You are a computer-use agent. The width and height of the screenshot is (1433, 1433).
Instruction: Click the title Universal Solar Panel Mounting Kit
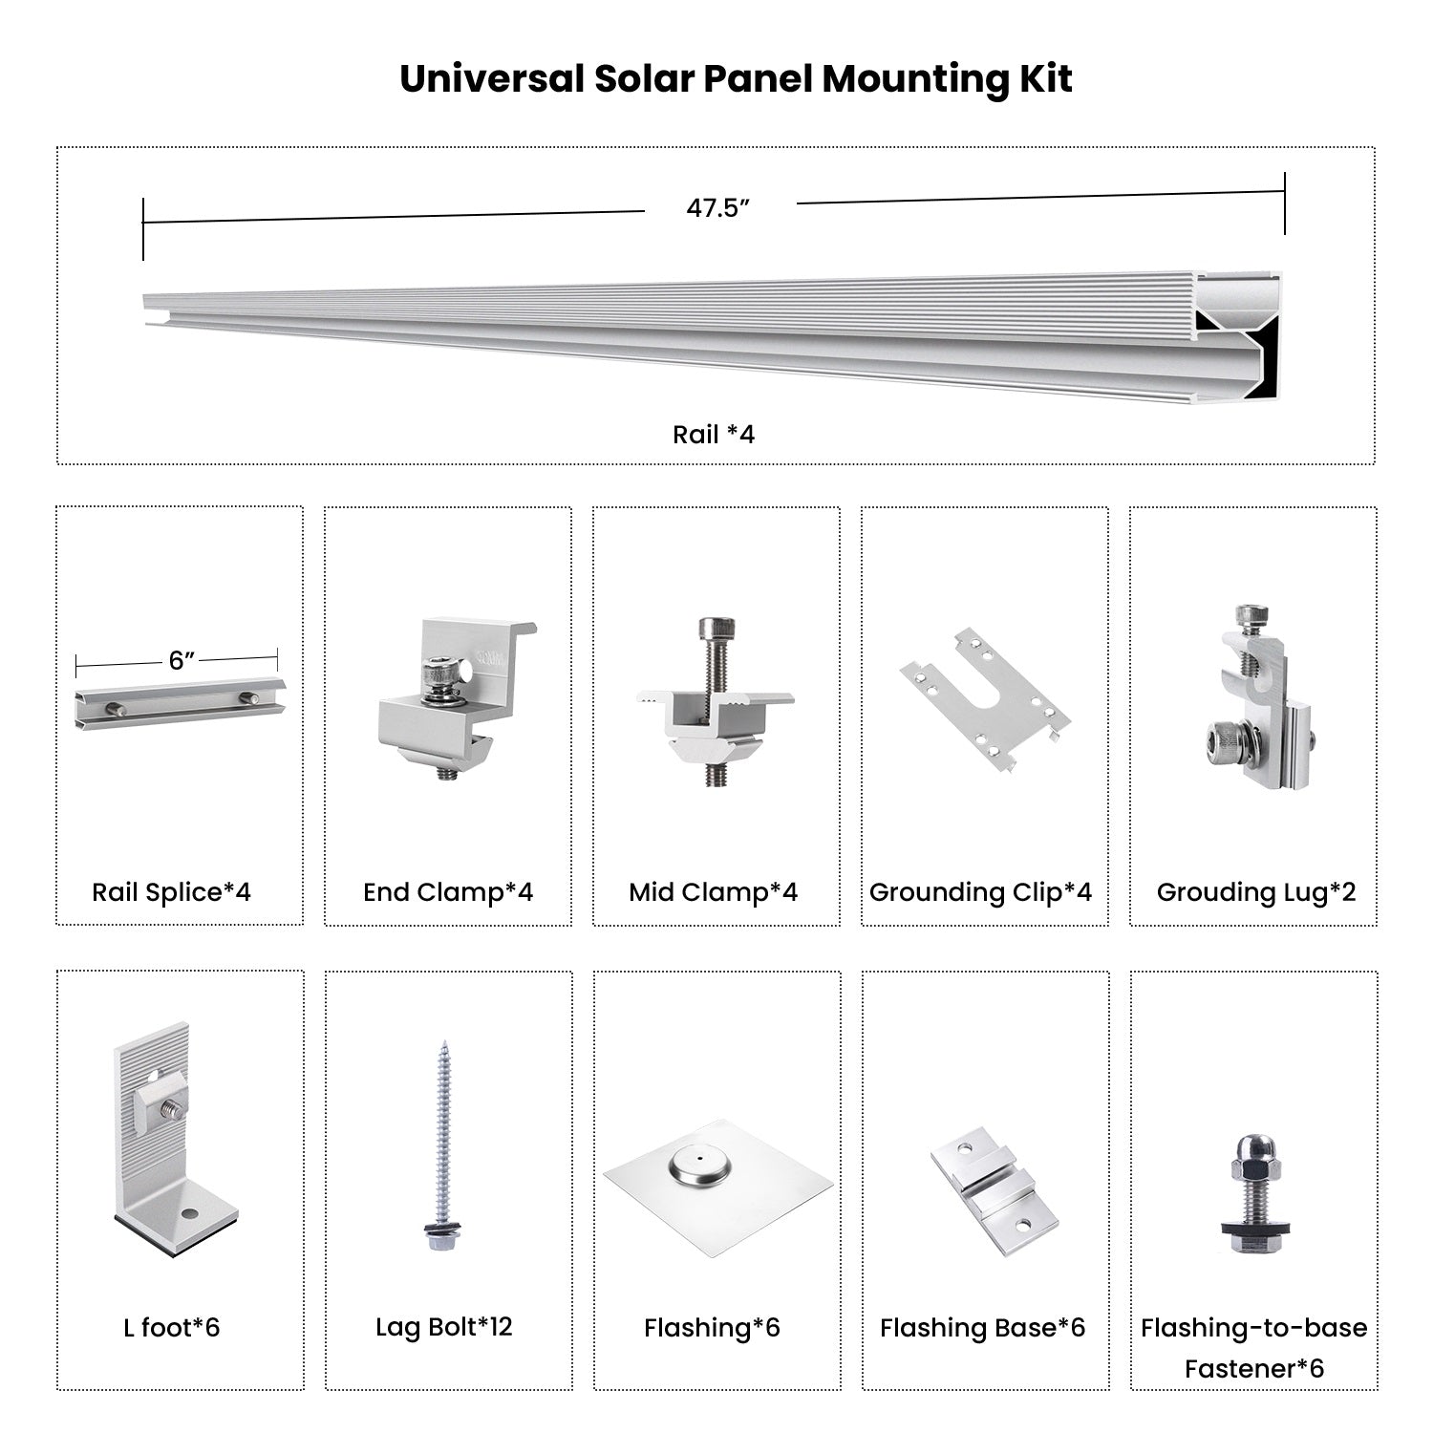736,78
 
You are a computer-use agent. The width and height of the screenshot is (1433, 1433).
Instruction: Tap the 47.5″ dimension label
718,208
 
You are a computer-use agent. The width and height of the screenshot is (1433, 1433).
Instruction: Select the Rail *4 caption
714,435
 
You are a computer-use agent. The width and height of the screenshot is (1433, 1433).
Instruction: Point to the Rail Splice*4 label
171,892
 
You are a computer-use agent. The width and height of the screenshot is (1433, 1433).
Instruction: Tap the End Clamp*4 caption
448,892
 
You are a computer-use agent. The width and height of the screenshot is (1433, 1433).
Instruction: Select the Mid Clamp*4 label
713,892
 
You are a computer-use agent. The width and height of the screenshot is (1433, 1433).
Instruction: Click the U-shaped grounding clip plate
984,697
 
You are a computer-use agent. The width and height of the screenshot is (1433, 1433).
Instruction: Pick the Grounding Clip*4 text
980,892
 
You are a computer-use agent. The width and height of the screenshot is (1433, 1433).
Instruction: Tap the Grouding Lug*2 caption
1255,892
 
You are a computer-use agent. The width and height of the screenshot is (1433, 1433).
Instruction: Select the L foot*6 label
171,1327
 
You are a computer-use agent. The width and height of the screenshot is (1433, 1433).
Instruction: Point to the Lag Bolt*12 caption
443,1327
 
